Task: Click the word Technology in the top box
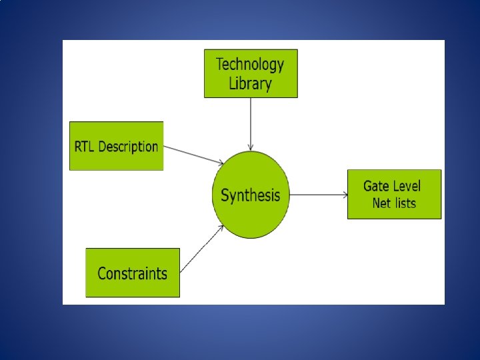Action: click(x=250, y=65)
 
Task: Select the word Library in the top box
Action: click(x=250, y=84)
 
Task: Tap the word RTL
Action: click(x=85, y=147)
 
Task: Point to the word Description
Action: click(x=128, y=147)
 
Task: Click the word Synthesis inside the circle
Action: click(x=251, y=195)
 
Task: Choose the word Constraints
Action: click(x=133, y=273)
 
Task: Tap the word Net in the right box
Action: click(x=382, y=203)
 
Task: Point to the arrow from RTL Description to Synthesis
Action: click(x=193, y=154)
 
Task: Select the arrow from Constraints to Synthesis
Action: click(x=201, y=249)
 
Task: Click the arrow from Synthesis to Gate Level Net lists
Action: click(x=318, y=195)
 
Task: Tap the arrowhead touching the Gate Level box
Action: click(x=345, y=195)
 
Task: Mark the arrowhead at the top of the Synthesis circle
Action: click(x=251, y=148)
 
